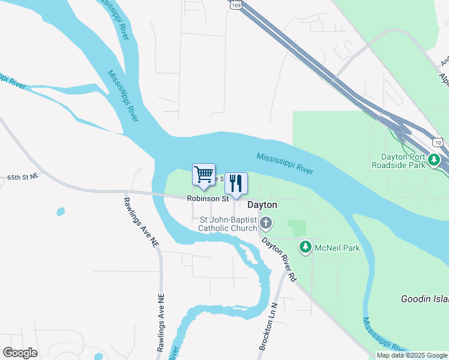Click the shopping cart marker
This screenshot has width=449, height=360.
[203, 175]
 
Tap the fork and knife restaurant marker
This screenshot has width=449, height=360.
[236, 182]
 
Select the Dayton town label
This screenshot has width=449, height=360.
[263, 205]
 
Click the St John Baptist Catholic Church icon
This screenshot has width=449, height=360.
[266, 224]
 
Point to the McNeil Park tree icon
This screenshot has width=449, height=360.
[306, 247]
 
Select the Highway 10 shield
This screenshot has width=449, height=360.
[439, 142]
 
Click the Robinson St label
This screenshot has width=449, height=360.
[208, 198]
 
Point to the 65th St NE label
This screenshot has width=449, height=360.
[23, 177]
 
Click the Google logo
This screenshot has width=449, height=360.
[20, 352]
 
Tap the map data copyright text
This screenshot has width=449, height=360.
[412, 355]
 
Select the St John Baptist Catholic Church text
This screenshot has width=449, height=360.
[228, 224]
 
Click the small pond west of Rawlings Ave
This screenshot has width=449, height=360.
[60, 211]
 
